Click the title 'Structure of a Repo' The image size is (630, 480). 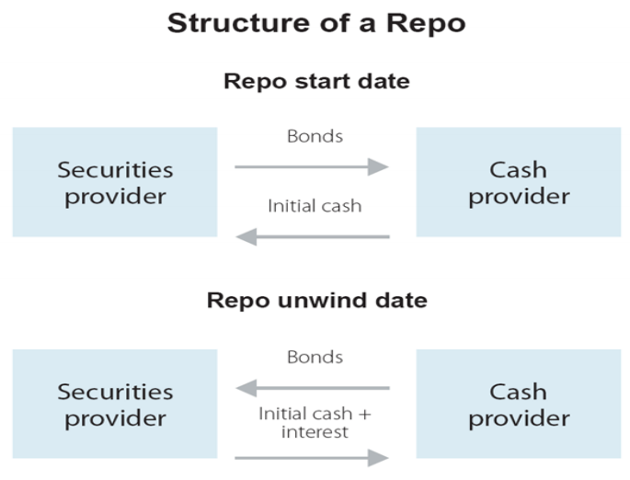(x=315, y=23)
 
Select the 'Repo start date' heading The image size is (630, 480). (x=315, y=82)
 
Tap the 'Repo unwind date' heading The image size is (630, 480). (x=315, y=301)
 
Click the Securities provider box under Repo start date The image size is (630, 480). (x=115, y=182)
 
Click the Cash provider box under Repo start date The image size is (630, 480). (x=519, y=182)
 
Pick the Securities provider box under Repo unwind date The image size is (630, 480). (x=115, y=405)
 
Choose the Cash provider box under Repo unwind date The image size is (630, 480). (x=519, y=405)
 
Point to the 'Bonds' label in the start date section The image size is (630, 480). (x=315, y=137)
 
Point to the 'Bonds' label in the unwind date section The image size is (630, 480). (x=315, y=357)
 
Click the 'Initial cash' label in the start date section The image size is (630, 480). (x=315, y=206)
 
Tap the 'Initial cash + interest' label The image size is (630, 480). (x=315, y=422)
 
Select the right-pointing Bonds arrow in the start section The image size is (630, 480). (x=312, y=166)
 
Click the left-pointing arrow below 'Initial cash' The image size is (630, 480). (x=312, y=237)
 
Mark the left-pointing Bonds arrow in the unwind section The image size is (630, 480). (x=312, y=387)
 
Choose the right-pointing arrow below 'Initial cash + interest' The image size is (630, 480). (x=312, y=457)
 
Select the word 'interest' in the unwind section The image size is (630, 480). (x=315, y=431)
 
